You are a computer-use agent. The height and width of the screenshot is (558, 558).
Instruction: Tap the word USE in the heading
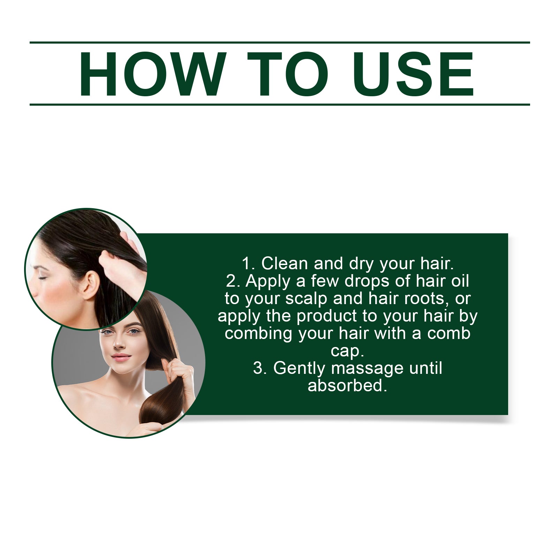tap(413, 74)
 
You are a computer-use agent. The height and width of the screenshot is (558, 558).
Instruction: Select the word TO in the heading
tap(288, 74)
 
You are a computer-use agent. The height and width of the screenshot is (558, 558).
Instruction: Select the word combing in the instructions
tap(258, 334)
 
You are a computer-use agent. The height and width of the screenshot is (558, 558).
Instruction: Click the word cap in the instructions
tap(345, 351)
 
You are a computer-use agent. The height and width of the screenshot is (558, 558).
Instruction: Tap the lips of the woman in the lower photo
tap(121, 357)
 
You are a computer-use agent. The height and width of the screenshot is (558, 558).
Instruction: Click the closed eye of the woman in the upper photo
tap(43, 277)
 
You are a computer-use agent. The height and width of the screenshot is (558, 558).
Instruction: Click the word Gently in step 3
tap(299, 369)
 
